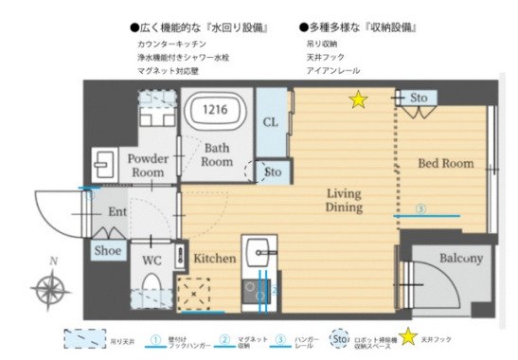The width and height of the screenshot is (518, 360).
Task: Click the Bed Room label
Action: [445, 163]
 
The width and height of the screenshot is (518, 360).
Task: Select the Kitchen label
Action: [214, 258]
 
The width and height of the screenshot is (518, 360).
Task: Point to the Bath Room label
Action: [217, 153]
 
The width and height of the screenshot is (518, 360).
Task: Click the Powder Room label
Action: [147, 166]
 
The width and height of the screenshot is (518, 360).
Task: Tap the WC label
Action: [152, 257]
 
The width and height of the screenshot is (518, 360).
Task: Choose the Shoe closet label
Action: [106, 251]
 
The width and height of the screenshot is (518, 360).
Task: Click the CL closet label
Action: [270, 121]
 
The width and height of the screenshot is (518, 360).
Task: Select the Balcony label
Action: [461, 258]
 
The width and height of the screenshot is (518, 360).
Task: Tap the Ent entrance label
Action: [117, 212]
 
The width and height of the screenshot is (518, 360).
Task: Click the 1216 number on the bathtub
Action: [218, 109]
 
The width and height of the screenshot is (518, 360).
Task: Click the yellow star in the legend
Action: [409, 336]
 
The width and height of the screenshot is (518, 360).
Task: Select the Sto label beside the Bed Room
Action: [419, 98]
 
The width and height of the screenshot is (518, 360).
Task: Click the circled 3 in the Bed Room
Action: [420, 209]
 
